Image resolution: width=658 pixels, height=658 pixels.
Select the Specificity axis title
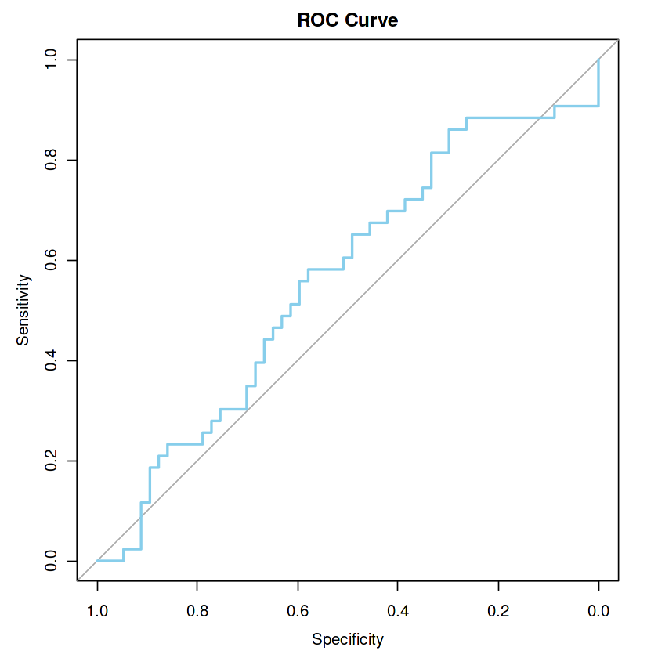tap(348, 640)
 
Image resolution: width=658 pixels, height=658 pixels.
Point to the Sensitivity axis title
tap(23, 310)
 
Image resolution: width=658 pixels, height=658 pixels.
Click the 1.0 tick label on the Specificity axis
tap(97, 611)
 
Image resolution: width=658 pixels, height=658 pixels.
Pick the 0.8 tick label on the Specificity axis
tap(197, 611)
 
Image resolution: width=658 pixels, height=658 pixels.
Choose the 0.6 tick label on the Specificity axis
tap(298, 611)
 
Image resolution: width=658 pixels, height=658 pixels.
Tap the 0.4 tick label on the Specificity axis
tap(398, 611)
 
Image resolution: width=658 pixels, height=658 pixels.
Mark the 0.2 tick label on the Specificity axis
tap(498, 611)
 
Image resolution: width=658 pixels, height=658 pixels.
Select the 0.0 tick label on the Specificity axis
tap(598, 611)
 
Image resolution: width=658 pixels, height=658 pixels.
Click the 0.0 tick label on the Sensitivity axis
tap(52, 561)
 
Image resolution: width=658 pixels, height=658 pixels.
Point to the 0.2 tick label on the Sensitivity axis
tap(52, 461)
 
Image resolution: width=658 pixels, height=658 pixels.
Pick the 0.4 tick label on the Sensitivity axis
tap(52, 360)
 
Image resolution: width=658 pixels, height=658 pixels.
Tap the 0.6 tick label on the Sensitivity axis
tap(52, 260)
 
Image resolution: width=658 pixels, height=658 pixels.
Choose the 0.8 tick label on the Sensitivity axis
tap(52, 160)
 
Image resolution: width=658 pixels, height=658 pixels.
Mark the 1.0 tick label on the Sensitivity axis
tap(52, 60)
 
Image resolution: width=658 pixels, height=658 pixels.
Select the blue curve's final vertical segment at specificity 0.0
tap(598, 82)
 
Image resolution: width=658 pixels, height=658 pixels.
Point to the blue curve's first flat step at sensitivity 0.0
tap(110, 561)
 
